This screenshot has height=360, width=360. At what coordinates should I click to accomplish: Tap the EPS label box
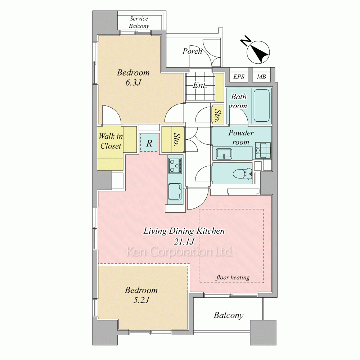coord(239,77)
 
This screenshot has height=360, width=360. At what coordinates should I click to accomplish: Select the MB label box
coord(261,77)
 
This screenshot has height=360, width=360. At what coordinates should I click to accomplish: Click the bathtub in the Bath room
coord(261,105)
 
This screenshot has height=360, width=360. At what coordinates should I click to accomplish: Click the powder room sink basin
coord(224,153)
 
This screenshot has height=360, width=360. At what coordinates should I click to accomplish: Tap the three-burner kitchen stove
coord(175,166)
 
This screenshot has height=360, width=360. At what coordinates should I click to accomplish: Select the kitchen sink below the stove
coord(175,192)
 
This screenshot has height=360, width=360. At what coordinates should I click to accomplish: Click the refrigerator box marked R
coord(149,143)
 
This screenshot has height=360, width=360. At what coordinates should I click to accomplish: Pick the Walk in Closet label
coord(111,141)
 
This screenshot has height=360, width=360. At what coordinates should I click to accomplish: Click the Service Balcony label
coord(139,22)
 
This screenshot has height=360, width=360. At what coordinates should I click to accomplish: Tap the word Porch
coord(192,51)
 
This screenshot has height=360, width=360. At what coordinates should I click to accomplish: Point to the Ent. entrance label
coord(200,85)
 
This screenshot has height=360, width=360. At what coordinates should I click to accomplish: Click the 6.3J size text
coord(133,82)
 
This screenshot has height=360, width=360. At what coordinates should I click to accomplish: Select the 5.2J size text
coord(141,300)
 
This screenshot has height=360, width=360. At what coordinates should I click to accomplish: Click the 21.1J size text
coord(184,241)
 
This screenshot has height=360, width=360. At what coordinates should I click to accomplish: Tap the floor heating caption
coord(233,277)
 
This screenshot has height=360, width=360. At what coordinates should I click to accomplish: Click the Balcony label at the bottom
coord(229,315)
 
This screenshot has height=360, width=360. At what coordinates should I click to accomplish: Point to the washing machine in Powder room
coord(263,150)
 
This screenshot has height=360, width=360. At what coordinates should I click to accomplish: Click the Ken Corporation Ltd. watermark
coord(180,252)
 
